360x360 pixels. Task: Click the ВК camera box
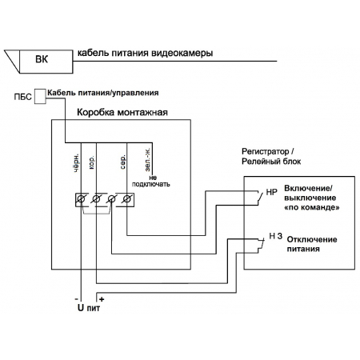[46, 62]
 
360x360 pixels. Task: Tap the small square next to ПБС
[40, 96]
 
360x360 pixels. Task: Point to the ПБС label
[22, 97]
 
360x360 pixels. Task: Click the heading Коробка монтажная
[122, 112]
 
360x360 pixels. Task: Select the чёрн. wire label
[76, 162]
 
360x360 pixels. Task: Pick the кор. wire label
[91, 163]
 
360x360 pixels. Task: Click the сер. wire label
[122, 162]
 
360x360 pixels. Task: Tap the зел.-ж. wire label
[147, 159]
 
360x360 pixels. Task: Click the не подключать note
[151, 181]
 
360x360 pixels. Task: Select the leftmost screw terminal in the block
[81, 199]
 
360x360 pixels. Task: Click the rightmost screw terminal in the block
[127, 199]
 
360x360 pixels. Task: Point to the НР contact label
[271, 192]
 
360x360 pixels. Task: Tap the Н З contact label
[275, 236]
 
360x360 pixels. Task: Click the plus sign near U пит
[102, 299]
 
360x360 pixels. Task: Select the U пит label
[89, 308]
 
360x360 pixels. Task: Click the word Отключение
[312, 239]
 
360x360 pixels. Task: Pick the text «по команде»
[312, 207]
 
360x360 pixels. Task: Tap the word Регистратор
[266, 151]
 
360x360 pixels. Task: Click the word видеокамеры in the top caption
[182, 53]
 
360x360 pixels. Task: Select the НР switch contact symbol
[259, 198]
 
